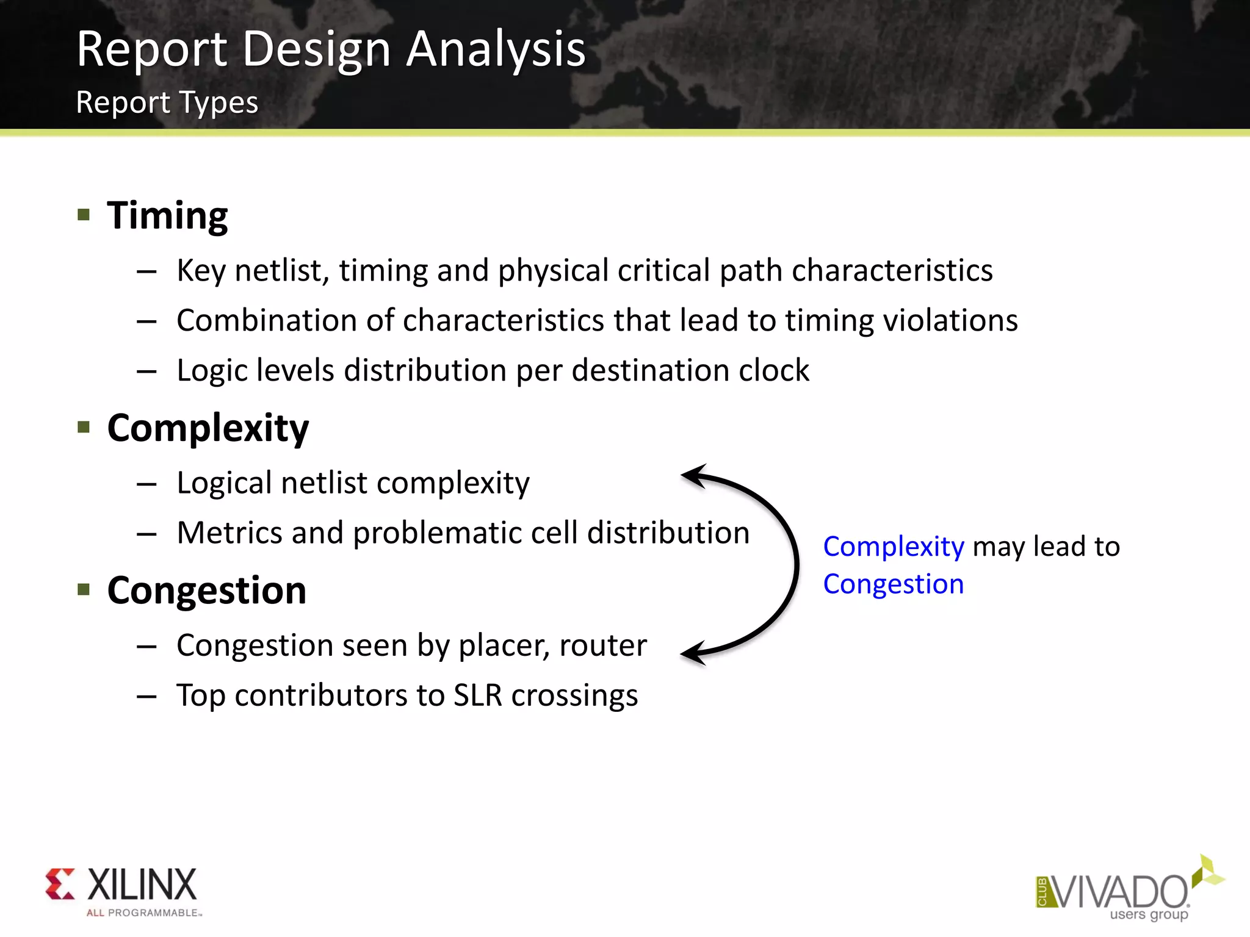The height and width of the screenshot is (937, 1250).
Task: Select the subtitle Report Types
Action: [167, 102]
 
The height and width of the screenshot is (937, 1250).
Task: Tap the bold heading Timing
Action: [167, 215]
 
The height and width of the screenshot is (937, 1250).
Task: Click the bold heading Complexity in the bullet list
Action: [208, 428]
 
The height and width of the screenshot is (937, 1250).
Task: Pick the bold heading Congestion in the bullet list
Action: [206, 591]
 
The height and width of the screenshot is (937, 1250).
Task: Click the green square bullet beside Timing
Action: [84, 214]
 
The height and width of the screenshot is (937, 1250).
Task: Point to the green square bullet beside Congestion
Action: [84, 589]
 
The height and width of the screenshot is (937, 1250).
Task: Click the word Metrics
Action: [229, 533]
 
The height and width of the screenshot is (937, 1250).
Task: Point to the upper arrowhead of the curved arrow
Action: [693, 475]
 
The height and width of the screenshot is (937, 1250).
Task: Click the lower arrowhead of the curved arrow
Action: [693, 653]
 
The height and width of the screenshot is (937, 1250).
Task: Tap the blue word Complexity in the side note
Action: [893, 547]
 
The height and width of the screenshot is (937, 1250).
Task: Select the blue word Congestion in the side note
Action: [893, 584]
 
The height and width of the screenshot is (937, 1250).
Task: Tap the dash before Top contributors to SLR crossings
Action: [146, 696]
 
